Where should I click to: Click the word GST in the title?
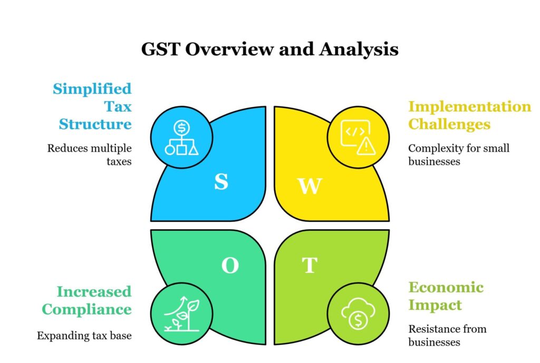coord(161,49)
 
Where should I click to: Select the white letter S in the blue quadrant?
coord(221,181)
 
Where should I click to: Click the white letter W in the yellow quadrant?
coord(310,186)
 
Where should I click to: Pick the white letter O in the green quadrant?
coord(230,266)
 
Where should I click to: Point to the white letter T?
coord(310,265)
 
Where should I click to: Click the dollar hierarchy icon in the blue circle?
coord(181,138)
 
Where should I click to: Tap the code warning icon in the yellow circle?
coord(358,138)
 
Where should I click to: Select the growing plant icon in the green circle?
coord(182,314)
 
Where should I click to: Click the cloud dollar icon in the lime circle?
coord(358,313)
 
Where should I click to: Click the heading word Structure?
coord(95,124)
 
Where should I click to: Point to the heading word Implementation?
coord(470,107)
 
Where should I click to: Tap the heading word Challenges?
coord(449,124)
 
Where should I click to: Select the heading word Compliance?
coord(87,310)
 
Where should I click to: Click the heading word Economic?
coord(446,287)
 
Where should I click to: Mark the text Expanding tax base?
coord(84,336)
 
